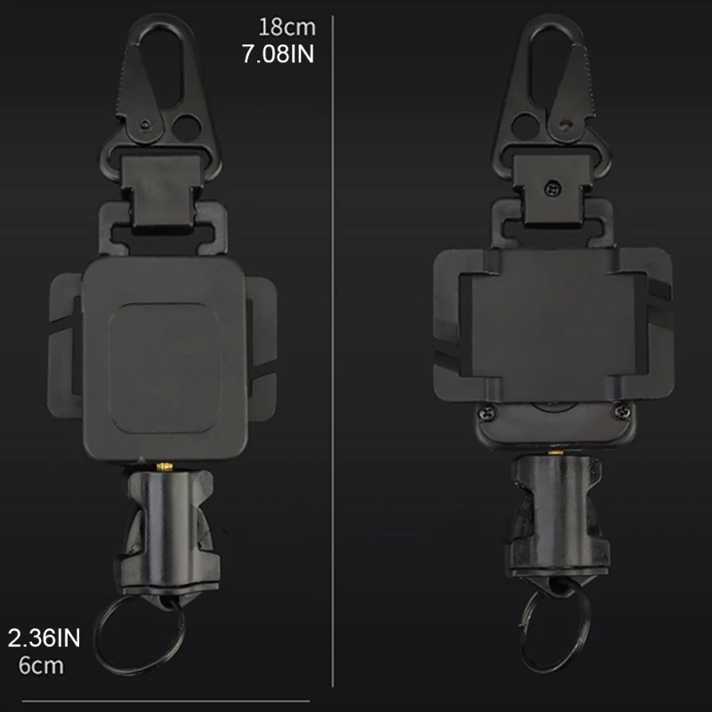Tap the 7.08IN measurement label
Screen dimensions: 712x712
click(x=278, y=55)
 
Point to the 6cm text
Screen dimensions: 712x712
click(x=41, y=665)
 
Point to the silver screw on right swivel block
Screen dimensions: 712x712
click(x=553, y=189)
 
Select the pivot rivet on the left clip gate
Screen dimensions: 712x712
click(x=143, y=121)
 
